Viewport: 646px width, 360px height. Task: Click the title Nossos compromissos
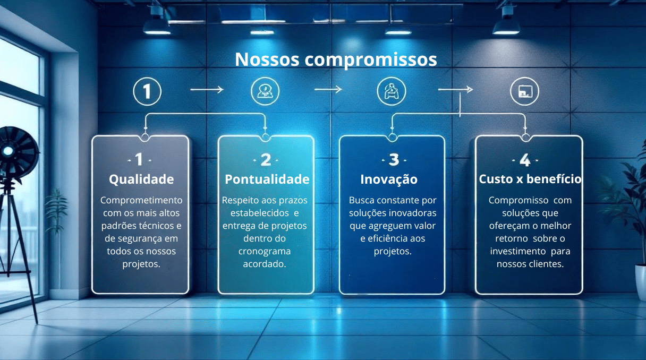click(336, 59)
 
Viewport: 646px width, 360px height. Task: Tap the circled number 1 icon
click(147, 91)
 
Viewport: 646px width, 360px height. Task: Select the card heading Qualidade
click(141, 179)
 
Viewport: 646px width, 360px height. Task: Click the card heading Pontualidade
click(267, 179)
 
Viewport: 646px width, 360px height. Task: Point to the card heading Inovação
click(389, 179)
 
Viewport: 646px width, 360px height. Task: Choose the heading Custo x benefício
click(530, 179)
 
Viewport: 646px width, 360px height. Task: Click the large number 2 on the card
click(266, 160)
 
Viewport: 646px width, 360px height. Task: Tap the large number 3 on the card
click(394, 160)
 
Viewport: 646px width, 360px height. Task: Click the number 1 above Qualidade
click(139, 159)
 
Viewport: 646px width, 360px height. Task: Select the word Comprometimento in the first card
click(141, 200)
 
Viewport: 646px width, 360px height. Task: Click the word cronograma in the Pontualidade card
click(265, 251)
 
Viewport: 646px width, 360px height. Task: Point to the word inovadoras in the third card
click(412, 213)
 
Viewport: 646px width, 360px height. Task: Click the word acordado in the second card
click(264, 264)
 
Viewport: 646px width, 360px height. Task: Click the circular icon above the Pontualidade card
click(265, 91)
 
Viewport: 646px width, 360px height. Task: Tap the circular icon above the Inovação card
click(392, 91)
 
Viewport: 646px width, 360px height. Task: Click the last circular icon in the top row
click(525, 91)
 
